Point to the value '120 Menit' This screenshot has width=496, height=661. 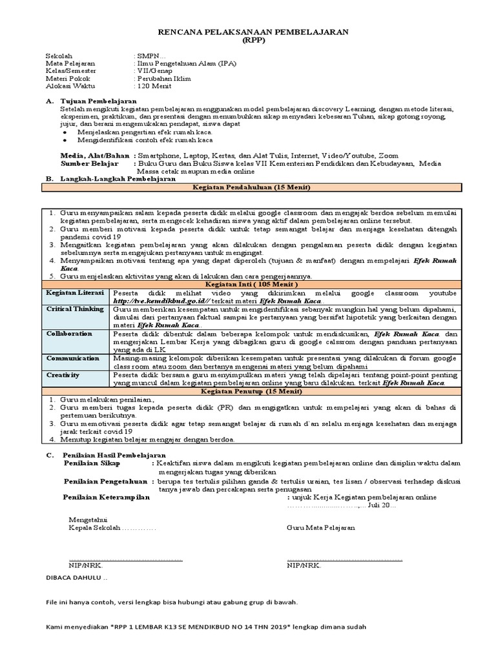(153, 86)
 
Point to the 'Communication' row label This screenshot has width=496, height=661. (72, 357)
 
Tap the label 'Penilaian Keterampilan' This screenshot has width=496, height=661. (107, 498)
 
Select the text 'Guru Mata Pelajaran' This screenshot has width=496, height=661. (321, 528)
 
